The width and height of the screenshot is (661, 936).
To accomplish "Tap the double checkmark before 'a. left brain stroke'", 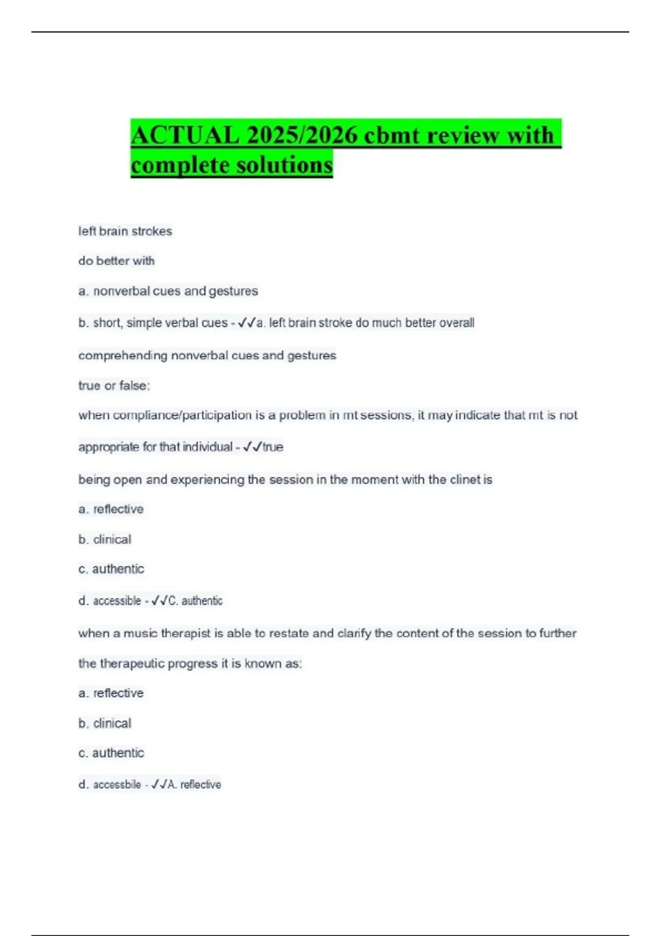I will coord(246,323).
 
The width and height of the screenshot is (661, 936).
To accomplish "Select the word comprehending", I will coord(123,356).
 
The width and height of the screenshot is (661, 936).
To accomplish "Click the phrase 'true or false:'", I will coord(114,385).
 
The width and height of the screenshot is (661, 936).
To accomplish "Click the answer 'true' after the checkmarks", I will coord(273,447).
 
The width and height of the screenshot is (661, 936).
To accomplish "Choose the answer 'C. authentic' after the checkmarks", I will coord(196,601).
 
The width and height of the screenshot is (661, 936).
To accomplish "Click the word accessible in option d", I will coord(117,601).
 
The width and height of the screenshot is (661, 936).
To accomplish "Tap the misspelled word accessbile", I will coord(117,785).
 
